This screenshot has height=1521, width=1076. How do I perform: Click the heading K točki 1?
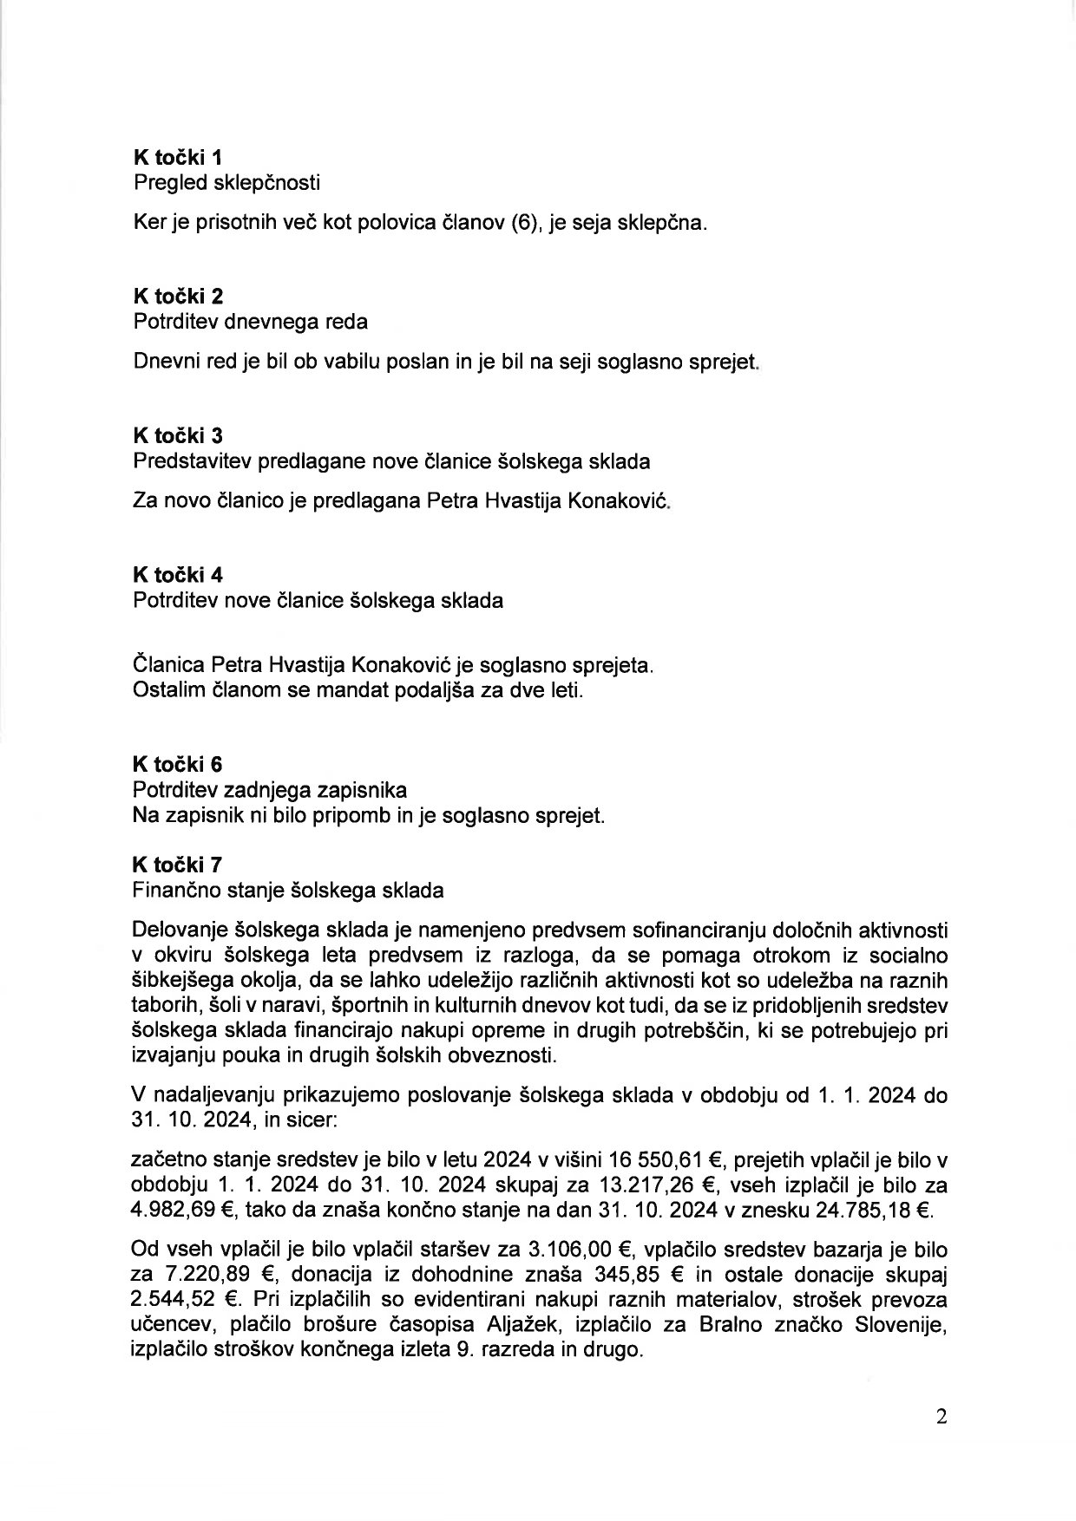[x=177, y=157]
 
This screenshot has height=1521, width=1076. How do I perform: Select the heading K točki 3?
[x=178, y=435]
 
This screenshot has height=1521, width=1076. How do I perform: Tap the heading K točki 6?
[x=178, y=764]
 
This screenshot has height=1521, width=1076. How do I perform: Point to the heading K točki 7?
[x=178, y=865]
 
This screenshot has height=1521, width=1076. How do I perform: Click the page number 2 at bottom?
[x=942, y=1417]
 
